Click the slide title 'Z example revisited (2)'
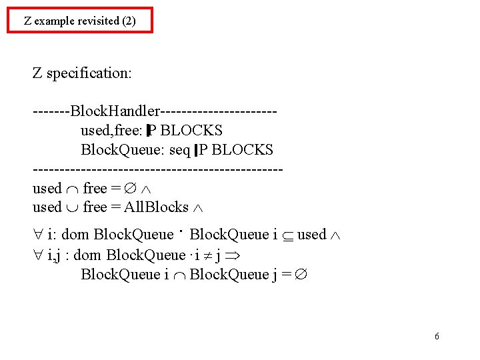pyautogui.click(x=79, y=21)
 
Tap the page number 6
pyautogui.click(x=437, y=336)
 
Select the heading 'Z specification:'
pyautogui.click(x=82, y=73)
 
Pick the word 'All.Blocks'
pyautogui.click(x=156, y=207)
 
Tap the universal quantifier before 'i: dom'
pyautogui.click(x=38, y=235)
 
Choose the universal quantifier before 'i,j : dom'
pyautogui.click(x=38, y=255)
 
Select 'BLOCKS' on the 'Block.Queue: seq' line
pyautogui.click(x=242, y=149)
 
